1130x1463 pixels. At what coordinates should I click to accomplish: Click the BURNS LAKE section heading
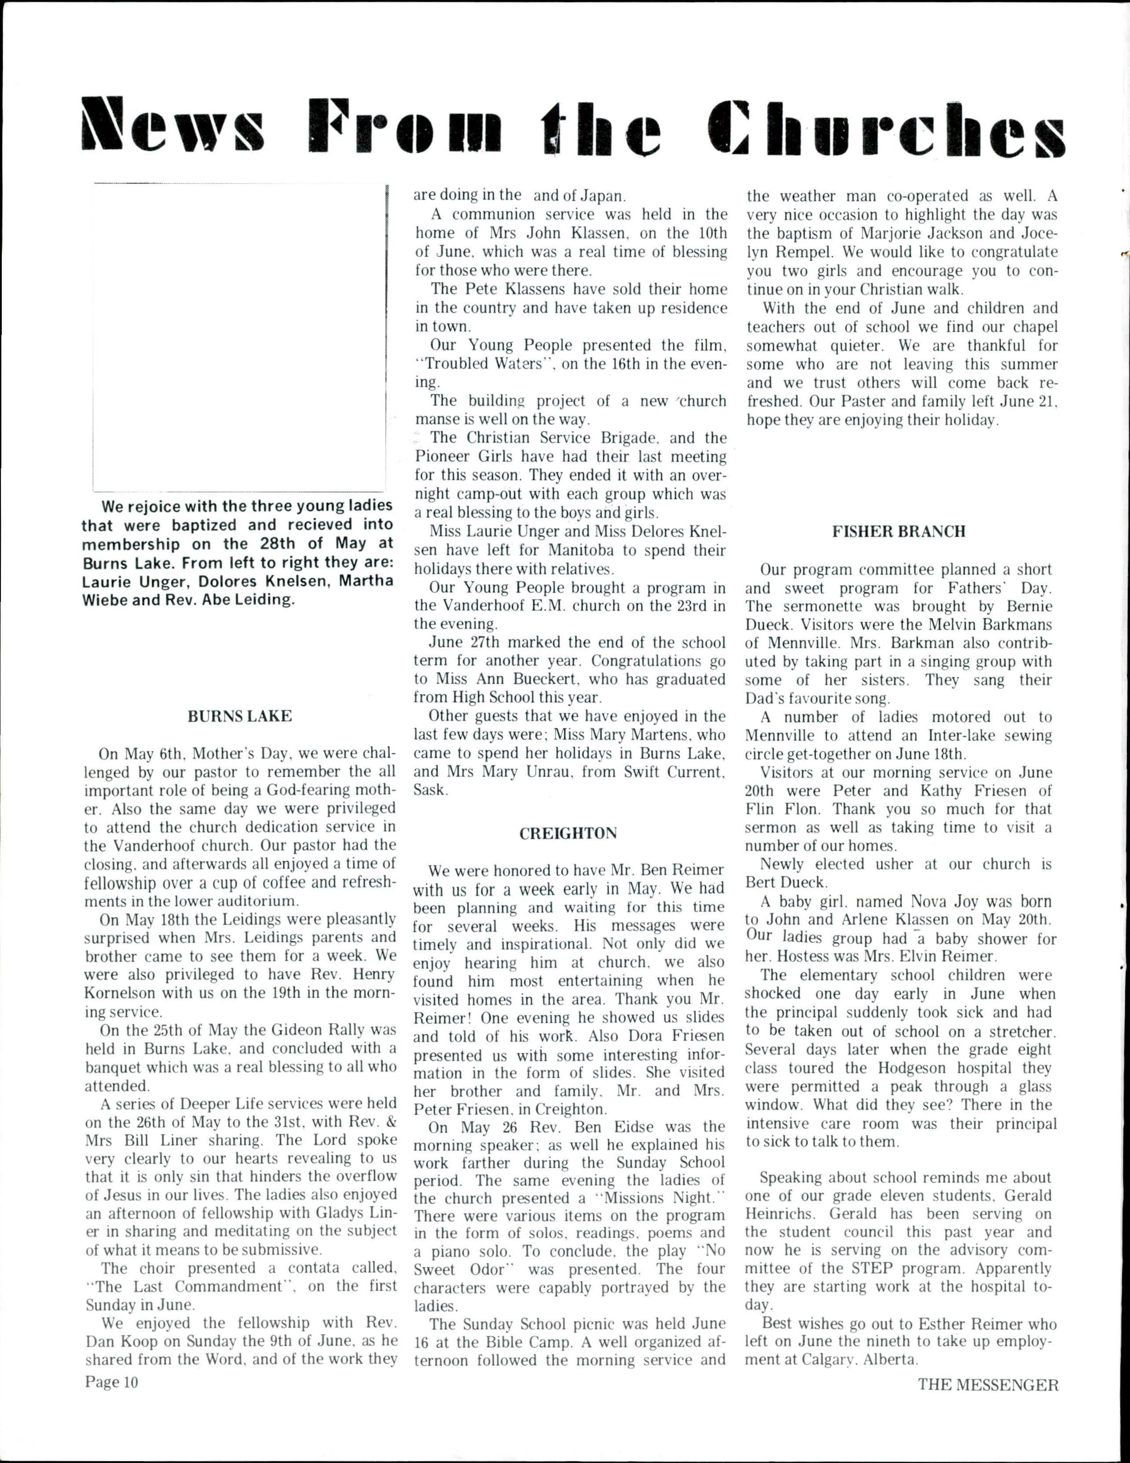click(x=239, y=716)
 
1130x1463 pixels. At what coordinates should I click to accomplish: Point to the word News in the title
click(x=173, y=126)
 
